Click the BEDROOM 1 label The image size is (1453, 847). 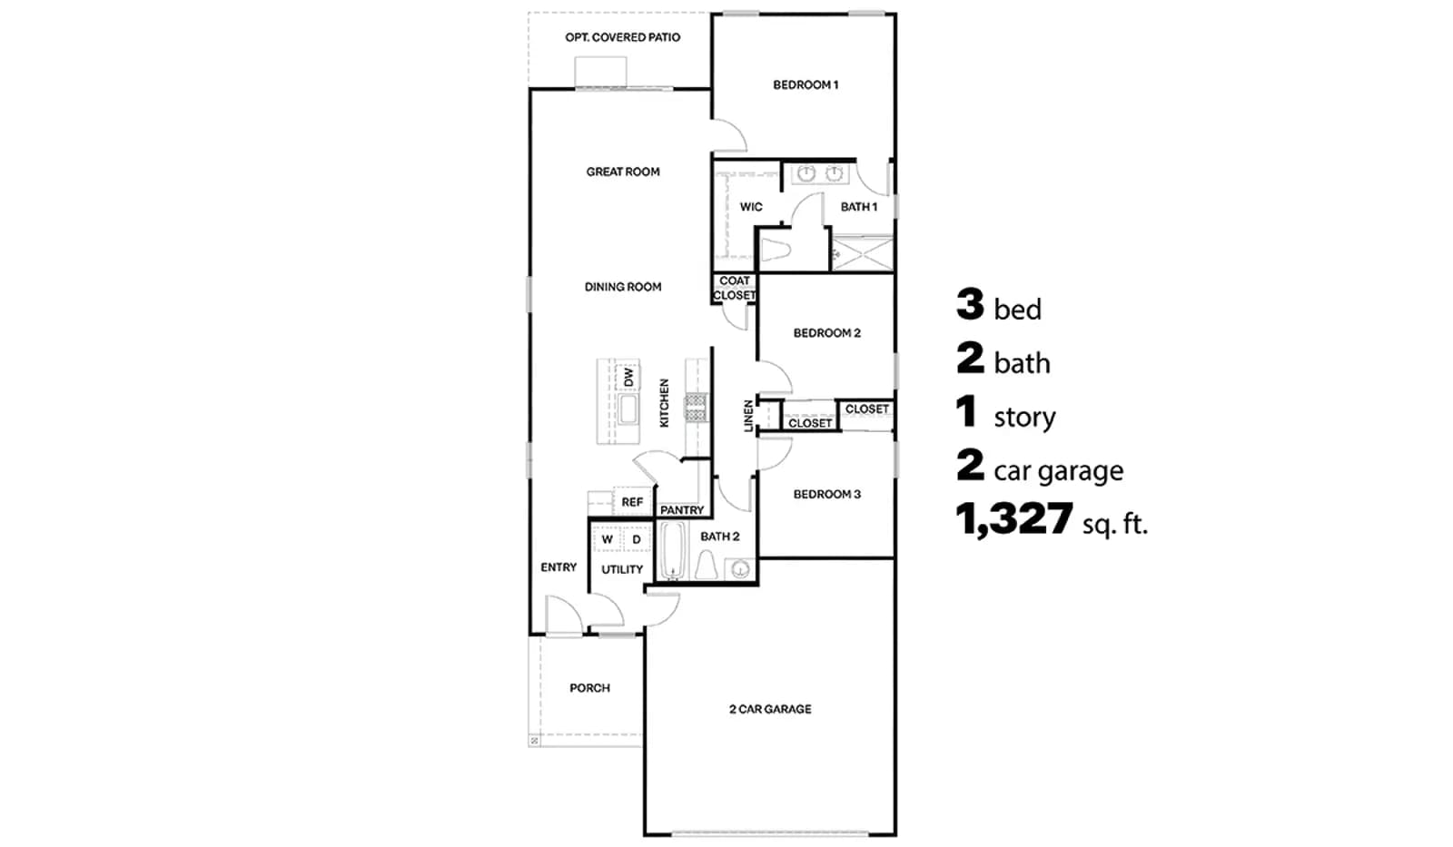(806, 85)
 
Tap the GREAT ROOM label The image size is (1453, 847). (623, 172)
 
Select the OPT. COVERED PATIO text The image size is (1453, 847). (623, 37)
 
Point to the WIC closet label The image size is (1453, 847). (751, 207)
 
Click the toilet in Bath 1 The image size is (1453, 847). (775, 250)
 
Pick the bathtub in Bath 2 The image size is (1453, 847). (673, 551)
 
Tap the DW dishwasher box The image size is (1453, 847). (628, 377)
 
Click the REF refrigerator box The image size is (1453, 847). (632, 501)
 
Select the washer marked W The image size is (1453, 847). (608, 539)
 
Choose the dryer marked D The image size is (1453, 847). (637, 539)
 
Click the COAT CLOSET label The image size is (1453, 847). (735, 288)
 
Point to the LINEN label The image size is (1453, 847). (748, 416)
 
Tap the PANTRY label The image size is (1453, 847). (682, 510)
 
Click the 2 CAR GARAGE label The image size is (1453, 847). (770, 710)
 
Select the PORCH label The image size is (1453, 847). (589, 688)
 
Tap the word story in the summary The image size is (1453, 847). (1025, 418)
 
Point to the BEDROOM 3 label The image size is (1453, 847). (827, 495)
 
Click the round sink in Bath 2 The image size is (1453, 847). (740, 569)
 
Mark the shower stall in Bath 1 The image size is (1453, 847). (863, 253)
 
